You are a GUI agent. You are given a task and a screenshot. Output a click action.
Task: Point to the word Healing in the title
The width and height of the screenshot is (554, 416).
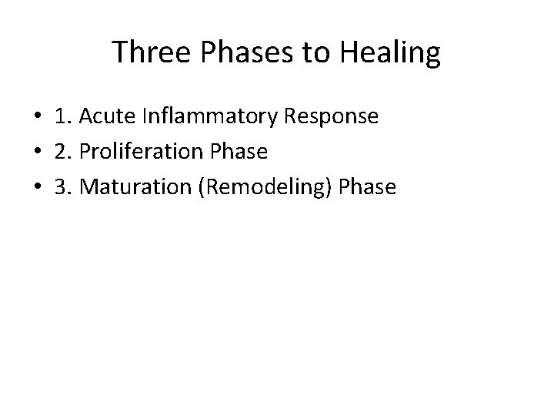click(x=389, y=53)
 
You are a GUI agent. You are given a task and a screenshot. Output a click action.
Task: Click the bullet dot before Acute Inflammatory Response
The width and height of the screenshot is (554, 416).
click(x=37, y=117)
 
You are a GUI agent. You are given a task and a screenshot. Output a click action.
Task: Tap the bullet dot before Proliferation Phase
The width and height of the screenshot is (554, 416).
click(x=37, y=153)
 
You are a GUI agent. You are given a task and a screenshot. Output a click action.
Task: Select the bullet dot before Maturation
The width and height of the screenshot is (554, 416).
click(x=37, y=188)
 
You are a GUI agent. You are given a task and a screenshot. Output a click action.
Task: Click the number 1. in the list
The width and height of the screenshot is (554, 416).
click(x=63, y=116)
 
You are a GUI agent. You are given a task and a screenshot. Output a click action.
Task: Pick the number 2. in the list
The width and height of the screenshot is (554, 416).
click(x=63, y=152)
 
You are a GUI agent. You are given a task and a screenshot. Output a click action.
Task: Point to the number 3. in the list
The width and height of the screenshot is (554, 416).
click(x=63, y=187)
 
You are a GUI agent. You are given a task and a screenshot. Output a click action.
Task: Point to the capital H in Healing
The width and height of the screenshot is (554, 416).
click(x=346, y=53)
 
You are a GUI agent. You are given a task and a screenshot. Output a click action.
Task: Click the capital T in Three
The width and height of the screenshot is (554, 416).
click(x=119, y=53)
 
